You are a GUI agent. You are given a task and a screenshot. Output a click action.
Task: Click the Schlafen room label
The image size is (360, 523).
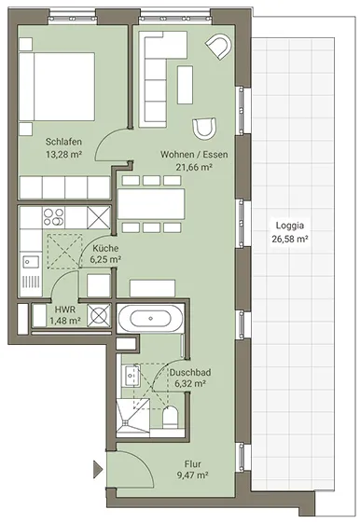pyautogui.click(x=63, y=142)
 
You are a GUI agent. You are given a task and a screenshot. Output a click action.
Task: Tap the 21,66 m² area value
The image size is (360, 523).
pyautogui.click(x=194, y=167)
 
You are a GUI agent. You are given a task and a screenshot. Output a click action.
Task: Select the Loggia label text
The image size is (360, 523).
pyautogui.click(x=290, y=226)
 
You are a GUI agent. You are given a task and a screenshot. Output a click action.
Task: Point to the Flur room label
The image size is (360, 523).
pyautogui.click(x=193, y=464)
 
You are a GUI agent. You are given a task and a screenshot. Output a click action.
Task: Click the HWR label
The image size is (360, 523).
pyautogui.click(x=65, y=310)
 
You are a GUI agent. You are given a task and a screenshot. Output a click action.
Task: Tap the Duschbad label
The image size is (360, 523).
pyautogui.click(x=190, y=373)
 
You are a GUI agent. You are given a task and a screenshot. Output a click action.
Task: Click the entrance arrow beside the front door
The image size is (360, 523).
pyautogui.click(x=97, y=470)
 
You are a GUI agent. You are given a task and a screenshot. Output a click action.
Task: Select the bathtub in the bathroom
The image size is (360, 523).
pyautogui.click(x=150, y=319)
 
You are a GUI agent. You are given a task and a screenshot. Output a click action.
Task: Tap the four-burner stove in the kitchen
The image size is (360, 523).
pyautogui.click(x=54, y=217)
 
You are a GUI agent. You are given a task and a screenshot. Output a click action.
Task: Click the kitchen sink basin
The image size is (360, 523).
pyautogui.click(x=31, y=262)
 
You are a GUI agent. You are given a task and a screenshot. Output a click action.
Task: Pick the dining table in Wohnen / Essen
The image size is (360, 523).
pyautogui.click(x=151, y=204)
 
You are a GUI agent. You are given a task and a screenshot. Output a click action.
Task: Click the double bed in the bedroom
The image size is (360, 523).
pyautogui.click(x=57, y=87)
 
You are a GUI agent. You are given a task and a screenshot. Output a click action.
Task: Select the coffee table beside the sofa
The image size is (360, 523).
pyautogui.click(x=185, y=85)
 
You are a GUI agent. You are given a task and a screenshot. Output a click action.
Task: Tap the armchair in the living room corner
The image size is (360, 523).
pyautogui.click(x=219, y=47)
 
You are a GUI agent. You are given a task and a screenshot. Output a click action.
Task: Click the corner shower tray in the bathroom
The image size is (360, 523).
pyautogui.click(x=132, y=417)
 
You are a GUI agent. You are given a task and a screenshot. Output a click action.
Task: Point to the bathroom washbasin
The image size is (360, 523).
pyautogui.click(x=130, y=376)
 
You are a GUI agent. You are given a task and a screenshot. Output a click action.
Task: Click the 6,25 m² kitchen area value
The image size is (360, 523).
pyautogui.click(x=105, y=259)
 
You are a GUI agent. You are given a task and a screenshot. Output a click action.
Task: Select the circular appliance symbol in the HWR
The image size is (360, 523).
pyautogui.click(x=98, y=315)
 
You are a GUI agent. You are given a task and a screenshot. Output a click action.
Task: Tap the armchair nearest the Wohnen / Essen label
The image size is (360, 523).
pyautogui.click(x=204, y=128)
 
